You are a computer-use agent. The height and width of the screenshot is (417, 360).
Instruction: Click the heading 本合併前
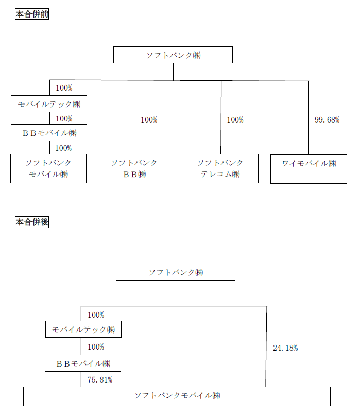32,14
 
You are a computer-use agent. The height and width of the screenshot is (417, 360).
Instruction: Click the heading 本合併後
32,222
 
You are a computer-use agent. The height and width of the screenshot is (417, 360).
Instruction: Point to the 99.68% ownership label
327,120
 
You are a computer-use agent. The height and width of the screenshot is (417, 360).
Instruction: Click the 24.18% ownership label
285,348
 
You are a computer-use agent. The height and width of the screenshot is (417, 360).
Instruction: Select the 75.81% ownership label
100,380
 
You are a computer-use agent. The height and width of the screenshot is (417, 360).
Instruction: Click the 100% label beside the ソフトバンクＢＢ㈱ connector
149,120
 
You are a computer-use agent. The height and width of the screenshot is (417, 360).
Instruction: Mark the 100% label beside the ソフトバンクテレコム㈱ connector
235,120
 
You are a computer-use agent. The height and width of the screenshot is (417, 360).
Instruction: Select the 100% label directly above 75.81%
96,347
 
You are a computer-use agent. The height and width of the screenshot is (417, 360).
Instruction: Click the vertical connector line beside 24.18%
266,346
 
